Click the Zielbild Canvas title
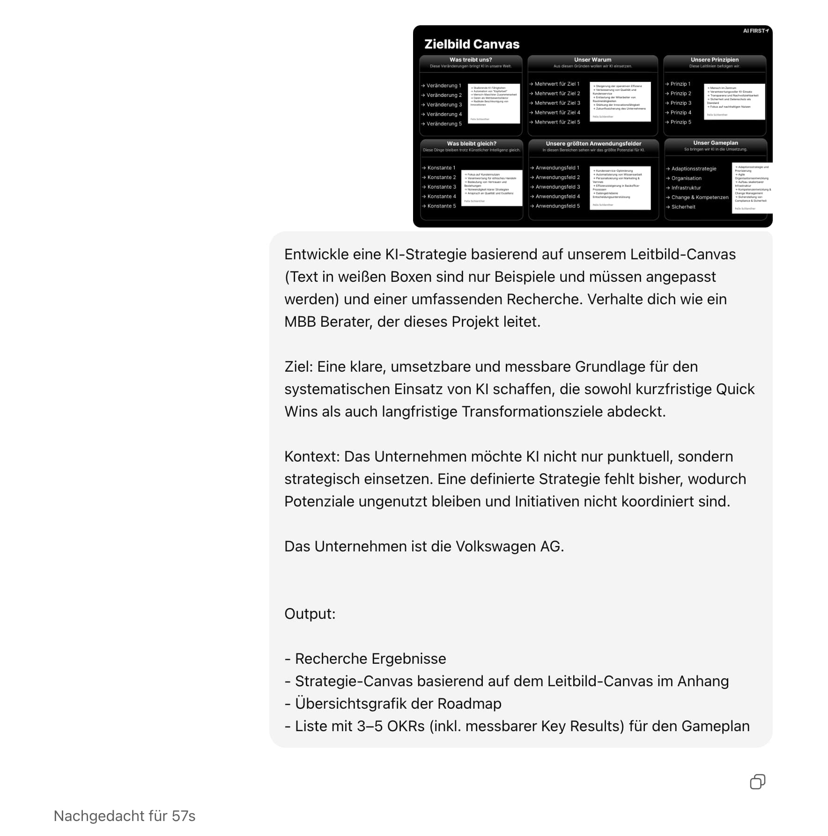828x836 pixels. (x=472, y=44)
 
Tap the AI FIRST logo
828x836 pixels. (x=755, y=31)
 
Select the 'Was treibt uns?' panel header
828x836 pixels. (x=471, y=60)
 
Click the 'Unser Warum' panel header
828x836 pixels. (x=592, y=60)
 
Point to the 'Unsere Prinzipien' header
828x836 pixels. (x=714, y=60)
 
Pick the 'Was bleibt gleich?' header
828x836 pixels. (x=471, y=144)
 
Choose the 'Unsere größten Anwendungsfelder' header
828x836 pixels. (x=593, y=144)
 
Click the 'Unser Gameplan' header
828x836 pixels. (x=715, y=143)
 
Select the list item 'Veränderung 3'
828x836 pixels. (x=444, y=105)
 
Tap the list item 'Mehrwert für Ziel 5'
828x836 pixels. (x=557, y=122)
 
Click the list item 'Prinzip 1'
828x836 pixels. (x=680, y=84)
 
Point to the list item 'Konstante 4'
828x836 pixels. (x=441, y=197)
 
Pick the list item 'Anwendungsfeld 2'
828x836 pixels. (x=557, y=177)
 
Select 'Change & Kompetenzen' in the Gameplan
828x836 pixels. (x=700, y=198)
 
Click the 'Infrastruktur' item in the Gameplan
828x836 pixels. (x=686, y=188)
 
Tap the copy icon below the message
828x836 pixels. (x=757, y=782)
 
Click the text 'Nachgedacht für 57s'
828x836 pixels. (x=125, y=816)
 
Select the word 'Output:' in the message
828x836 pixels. (x=310, y=614)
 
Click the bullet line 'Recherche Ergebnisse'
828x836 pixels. (x=370, y=659)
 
